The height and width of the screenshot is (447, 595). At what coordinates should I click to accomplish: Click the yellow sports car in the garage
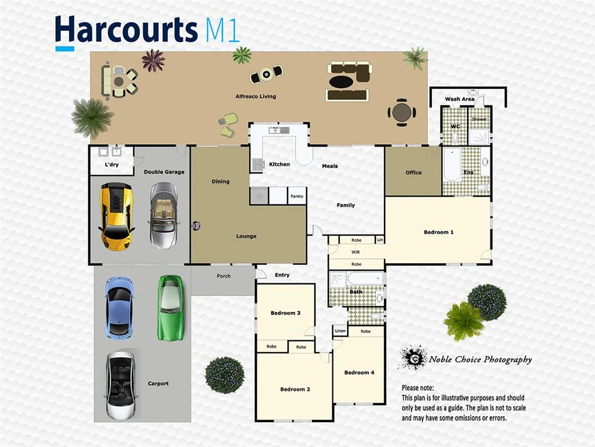click(x=117, y=216)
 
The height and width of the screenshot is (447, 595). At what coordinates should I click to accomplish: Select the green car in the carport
click(x=170, y=307)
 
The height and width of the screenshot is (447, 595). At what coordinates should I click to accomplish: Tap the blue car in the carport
click(x=119, y=307)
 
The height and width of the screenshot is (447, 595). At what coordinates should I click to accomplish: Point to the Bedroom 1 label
click(x=438, y=232)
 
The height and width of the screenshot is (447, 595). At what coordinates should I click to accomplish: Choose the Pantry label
click(x=297, y=197)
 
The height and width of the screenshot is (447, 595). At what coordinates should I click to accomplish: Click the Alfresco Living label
click(x=255, y=97)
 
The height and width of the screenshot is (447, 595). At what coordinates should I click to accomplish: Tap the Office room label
click(x=414, y=172)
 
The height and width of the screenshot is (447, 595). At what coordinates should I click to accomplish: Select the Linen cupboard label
click(x=340, y=331)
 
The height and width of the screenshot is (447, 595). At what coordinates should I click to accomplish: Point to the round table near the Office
click(x=402, y=112)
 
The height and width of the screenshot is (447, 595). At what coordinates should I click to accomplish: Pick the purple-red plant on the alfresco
click(x=153, y=61)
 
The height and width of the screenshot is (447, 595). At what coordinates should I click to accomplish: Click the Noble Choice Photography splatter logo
click(x=413, y=358)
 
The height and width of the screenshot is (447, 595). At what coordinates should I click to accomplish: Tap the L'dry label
click(x=112, y=165)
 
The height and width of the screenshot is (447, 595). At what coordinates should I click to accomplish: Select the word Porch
click(x=223, y=276)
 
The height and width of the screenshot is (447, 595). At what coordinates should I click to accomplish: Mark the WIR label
click(x=356, y=253)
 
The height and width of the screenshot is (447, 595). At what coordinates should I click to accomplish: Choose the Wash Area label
click(x=460, y=99)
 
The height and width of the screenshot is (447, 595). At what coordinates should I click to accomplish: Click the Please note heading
click(x=418, y=388)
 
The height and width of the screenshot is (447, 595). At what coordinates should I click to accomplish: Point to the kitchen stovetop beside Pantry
click(x=259, y=196)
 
